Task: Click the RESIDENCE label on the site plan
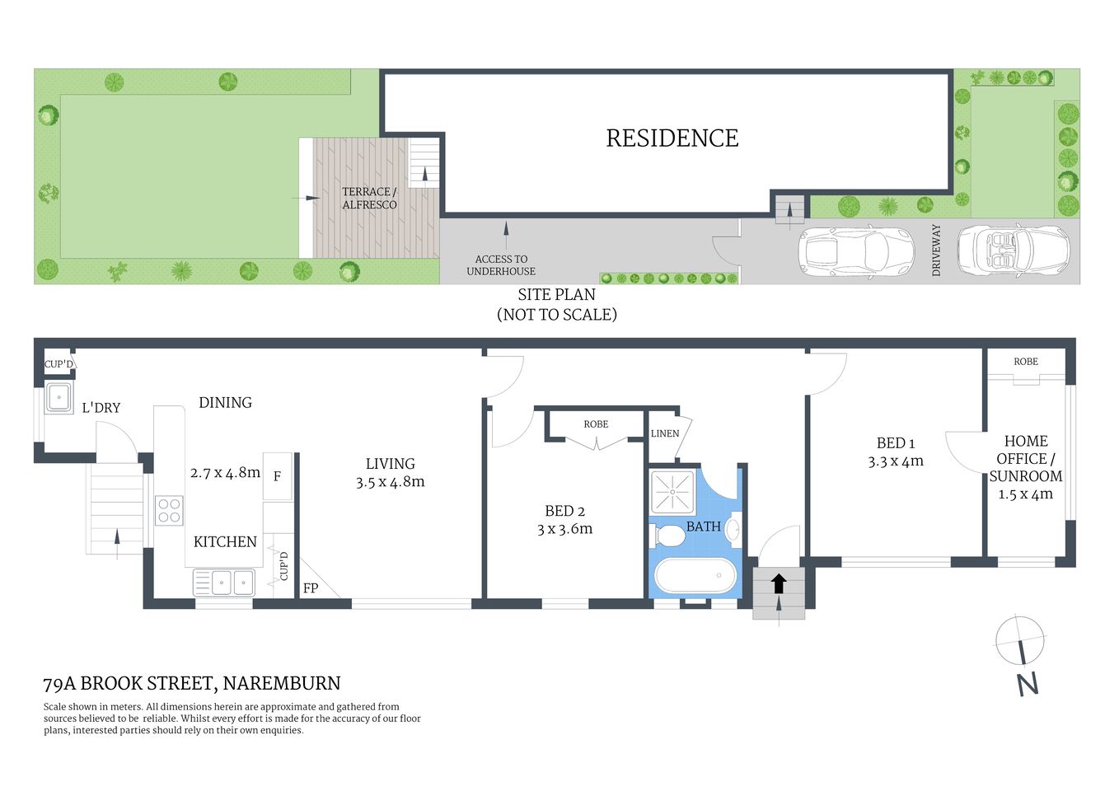coord(672,138)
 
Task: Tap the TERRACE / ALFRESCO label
coord(369,199)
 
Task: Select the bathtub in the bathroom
coord(694,576)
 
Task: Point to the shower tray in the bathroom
coord(673,491)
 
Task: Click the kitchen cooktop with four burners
coord(169,510)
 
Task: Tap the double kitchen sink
coord(224,583)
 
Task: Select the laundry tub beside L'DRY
coord(59,397)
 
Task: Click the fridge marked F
coord(277,476)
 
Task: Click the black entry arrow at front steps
coord(779,584)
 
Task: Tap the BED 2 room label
coord(564,511)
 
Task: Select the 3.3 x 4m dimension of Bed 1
coord(895,462)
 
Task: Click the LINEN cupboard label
coord(665,433)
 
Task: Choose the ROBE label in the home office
coord(1025,362)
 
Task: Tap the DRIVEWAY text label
coord(936,250)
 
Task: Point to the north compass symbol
coord(1020,641)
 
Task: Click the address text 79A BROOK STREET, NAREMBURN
coord(192,683)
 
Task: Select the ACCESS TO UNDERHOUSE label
coord(501,265)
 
